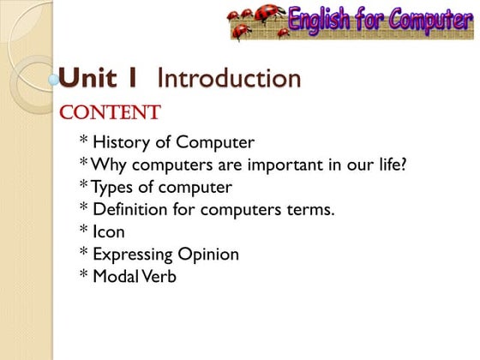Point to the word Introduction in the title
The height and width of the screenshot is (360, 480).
(230, 79)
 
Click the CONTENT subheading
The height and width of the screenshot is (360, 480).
(109, 112)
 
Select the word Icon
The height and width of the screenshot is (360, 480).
(109, 231)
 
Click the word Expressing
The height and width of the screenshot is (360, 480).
(132, 255)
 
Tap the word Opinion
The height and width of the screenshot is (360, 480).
(208, 255)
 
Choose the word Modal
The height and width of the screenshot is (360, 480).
(116, 276)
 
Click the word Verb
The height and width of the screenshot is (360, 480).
(159, 276)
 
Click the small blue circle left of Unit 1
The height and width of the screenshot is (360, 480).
(55, 80)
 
